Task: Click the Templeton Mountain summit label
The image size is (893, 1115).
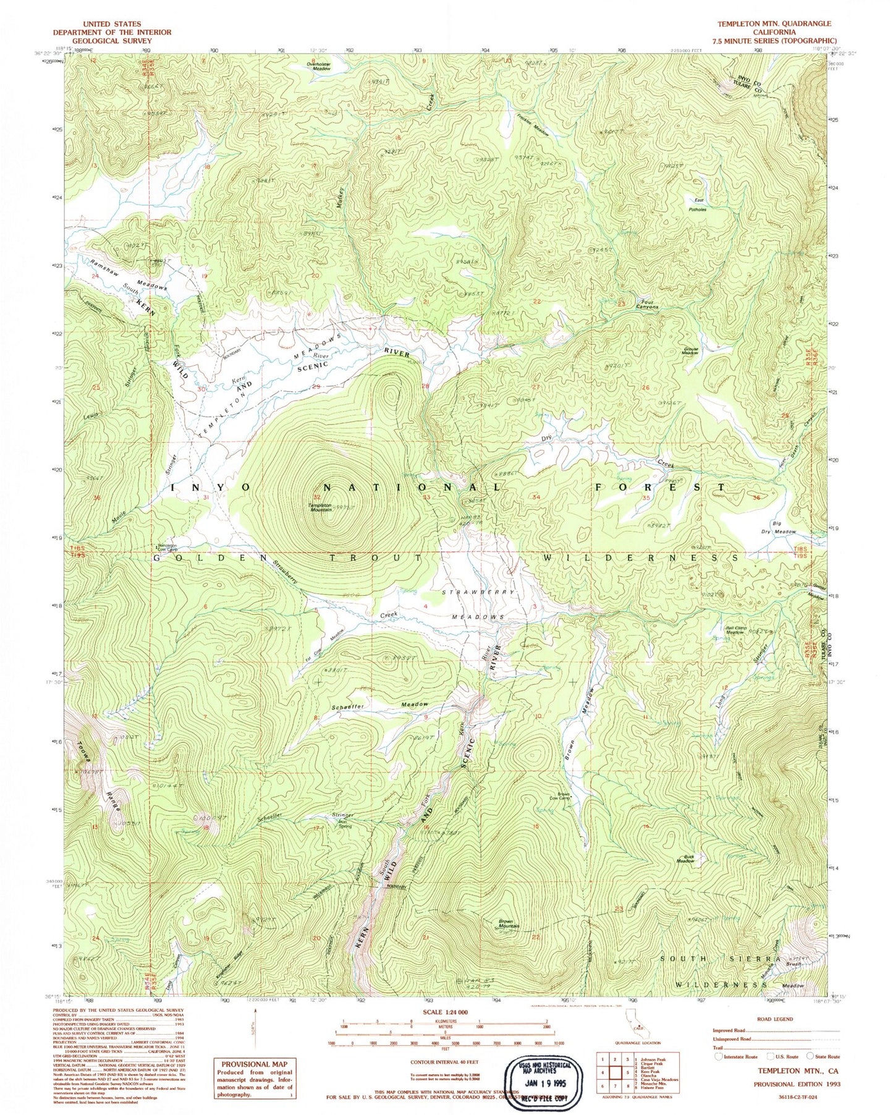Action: pyautogui.click(x=321, y=507)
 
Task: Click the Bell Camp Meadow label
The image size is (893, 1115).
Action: pyautogui.click(x=734, y=630)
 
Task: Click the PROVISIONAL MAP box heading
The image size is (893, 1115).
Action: pyautogui.click(x=254, y=1064)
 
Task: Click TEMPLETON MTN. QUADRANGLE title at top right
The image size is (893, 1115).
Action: pyautogui.click(x=774, y=23)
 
